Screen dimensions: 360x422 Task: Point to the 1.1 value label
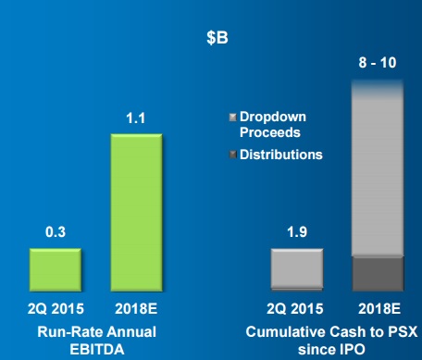[136, 118]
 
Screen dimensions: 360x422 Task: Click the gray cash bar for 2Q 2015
[297, 268]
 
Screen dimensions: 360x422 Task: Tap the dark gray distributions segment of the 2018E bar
[378, 273]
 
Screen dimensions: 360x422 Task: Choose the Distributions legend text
[280, 155]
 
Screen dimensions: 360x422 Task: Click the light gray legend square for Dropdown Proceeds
[232, 118]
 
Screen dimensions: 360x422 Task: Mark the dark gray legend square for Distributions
[232, 155]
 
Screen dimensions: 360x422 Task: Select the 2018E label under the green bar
[137, 306]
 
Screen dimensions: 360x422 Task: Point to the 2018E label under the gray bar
[378, 306]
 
